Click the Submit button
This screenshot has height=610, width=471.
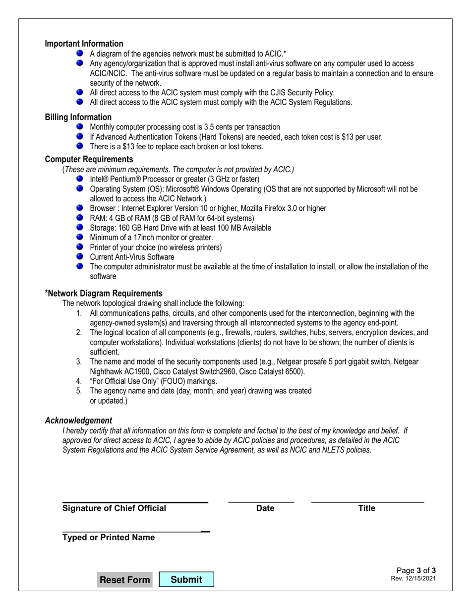click(186, 579)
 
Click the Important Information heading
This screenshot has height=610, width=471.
click(84, 44)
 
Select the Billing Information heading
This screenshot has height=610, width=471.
click(78, 117)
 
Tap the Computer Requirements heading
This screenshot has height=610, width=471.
click(89, 159)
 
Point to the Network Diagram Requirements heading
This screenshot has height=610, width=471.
click(104, 293)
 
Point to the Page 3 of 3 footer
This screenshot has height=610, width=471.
click(416, 570)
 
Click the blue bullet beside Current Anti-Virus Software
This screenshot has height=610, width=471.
click(80, 256)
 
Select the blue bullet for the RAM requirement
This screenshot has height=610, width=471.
click(80, 218)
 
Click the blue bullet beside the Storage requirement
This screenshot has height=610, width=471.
click(80, 227)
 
